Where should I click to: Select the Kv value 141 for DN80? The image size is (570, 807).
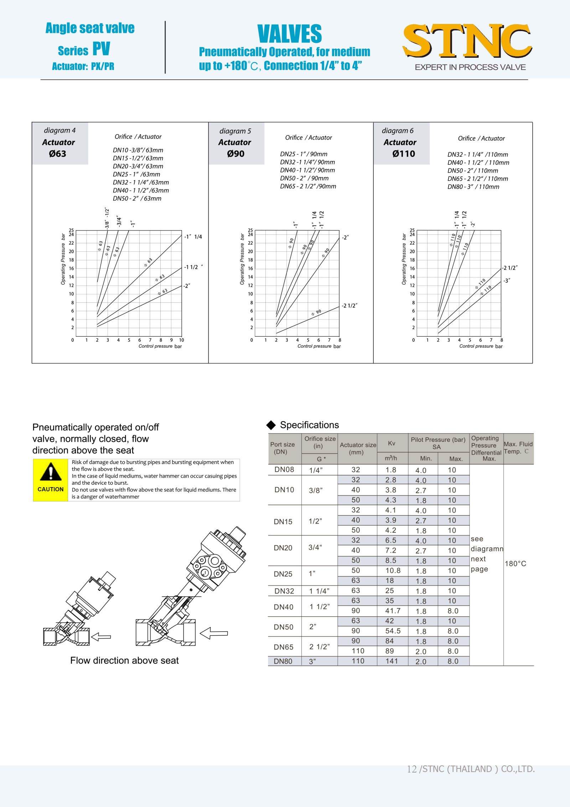pyautogui.click(x=392, y=661)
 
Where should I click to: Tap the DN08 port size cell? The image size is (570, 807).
pyautogui.click(x=284, y=470)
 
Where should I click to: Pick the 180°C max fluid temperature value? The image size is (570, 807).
pyautogui.click(x=515, y=564)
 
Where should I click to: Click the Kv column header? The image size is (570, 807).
pyautogui.click(x=392, y=443)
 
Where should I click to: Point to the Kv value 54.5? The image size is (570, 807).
pyautogui.click(x=393, y=631)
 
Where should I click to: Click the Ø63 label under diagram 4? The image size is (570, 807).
pyautogui.click(x=58, y=154)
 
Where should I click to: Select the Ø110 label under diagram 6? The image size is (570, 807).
pyautogui.click(x=404, y=154)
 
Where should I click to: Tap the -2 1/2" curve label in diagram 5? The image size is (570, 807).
pyautogui.click(x=349, y=306)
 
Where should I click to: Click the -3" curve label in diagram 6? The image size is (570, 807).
pyautogui.click(x=507, y=281)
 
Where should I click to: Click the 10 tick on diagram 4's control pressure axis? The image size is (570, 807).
pyautogui.click(x=181, y=340)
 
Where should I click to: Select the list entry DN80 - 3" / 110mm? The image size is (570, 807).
pyautogui.click(x=473, y=187)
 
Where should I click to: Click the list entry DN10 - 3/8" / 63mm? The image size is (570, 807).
pyautogui.click(x=138, y=150)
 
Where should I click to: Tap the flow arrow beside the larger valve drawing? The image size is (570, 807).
pyautogui.click(x=214, y=633)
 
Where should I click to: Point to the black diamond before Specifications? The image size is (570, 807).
pyautogui.click(x=271, y=425)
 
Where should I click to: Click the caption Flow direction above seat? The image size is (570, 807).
pyautogui.click(x=124, y=661)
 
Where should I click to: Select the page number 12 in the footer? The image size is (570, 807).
pyautogui.click(x=411, y=769)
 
